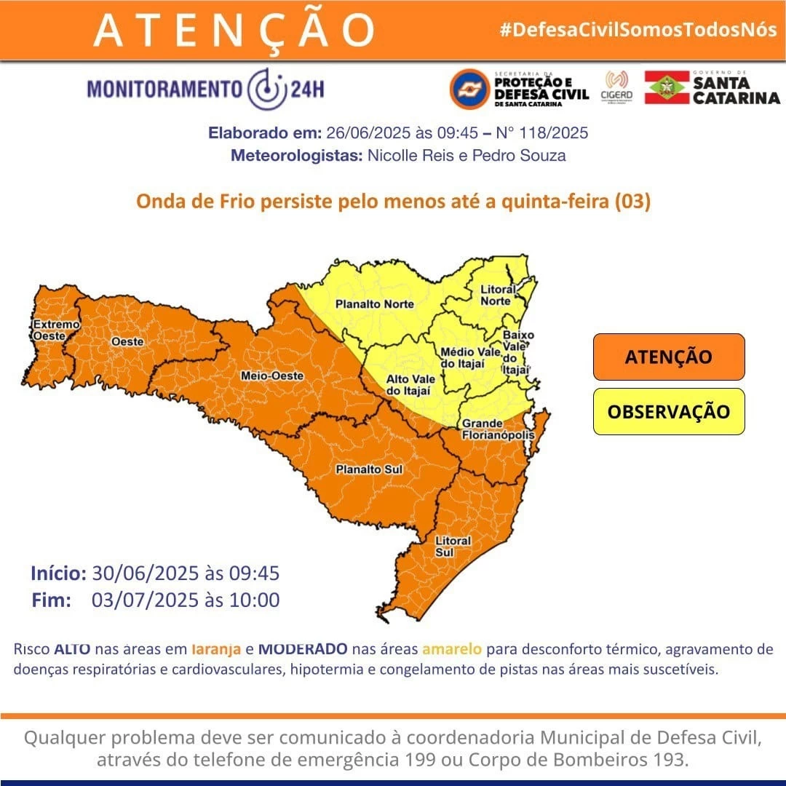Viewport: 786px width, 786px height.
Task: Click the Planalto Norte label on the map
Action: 374,304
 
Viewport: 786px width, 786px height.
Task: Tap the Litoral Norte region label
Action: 498,295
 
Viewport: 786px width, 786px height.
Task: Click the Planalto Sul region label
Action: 369,470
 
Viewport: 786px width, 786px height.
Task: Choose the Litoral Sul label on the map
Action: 453,547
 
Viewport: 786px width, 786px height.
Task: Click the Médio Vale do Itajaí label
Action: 471,357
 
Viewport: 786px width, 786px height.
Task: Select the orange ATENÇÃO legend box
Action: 668,357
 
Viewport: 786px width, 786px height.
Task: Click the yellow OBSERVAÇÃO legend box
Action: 668,411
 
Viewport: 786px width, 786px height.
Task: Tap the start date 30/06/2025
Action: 145,573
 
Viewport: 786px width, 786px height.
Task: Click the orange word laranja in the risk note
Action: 213,648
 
